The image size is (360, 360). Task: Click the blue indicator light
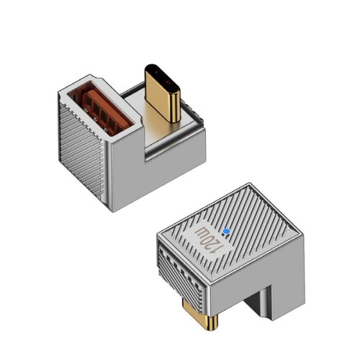pyautogui.click(x=226, y=232)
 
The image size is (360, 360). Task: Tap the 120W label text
pyautogui.click(x=207, y=240)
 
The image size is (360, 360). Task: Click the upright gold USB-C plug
pyautogui.click(x=163, y=94)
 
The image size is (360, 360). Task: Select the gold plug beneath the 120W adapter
pyautogui.click(x=200, y=315)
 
